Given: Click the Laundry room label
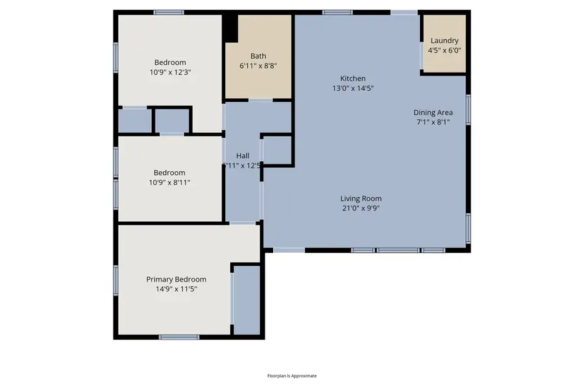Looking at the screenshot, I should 444,40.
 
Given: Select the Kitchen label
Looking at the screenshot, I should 353,78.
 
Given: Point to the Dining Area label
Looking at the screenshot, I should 433,112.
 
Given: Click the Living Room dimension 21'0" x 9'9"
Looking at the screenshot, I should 361,208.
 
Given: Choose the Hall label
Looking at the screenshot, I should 243,156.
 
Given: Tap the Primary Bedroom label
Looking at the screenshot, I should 176,279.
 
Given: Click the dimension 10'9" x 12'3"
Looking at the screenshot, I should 169,73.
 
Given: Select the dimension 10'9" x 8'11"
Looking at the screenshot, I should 169,182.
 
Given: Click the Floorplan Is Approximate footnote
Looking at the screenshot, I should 292,376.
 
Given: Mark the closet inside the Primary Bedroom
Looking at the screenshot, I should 246,300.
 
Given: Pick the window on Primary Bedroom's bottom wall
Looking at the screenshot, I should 179,336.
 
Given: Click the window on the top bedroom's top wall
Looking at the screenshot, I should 169,12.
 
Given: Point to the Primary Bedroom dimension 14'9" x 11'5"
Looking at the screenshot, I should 176,289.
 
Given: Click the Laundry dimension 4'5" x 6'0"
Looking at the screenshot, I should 444,50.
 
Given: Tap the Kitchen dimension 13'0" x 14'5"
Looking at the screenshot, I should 353,88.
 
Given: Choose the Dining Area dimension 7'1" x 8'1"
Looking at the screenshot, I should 433,122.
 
